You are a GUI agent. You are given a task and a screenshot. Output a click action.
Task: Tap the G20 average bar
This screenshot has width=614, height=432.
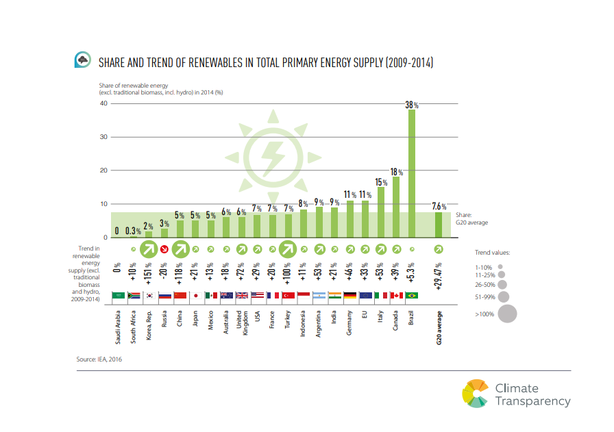coord(439,225)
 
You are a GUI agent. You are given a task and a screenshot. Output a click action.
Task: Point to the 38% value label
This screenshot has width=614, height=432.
coord(412,105)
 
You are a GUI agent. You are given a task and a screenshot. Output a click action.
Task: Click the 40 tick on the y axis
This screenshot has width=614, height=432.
coord(104,103)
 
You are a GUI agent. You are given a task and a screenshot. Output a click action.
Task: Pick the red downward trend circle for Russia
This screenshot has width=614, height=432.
coord(164,249)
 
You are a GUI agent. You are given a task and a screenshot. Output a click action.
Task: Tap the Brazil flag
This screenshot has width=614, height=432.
coord(412,296)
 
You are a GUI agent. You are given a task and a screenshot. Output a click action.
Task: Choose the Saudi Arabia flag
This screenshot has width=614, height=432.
coord(118,296)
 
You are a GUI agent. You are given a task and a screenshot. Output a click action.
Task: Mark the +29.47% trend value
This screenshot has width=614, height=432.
coord(439,272)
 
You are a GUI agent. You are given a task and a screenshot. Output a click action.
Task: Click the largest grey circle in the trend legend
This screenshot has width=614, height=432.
coord(507,314)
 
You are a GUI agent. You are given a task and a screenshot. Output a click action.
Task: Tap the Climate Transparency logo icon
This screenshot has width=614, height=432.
coord(476,394)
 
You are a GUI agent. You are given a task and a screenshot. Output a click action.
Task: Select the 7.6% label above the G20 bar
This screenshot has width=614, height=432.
coord(439,206)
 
